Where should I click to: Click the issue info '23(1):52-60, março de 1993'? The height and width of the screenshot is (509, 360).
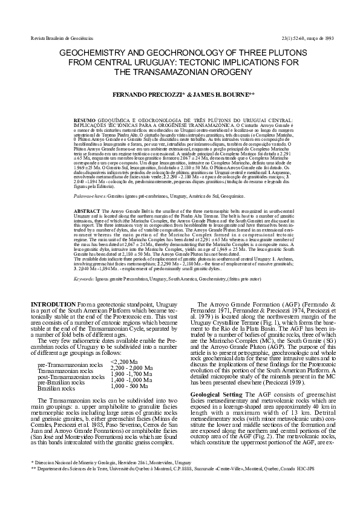click(308, 38)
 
